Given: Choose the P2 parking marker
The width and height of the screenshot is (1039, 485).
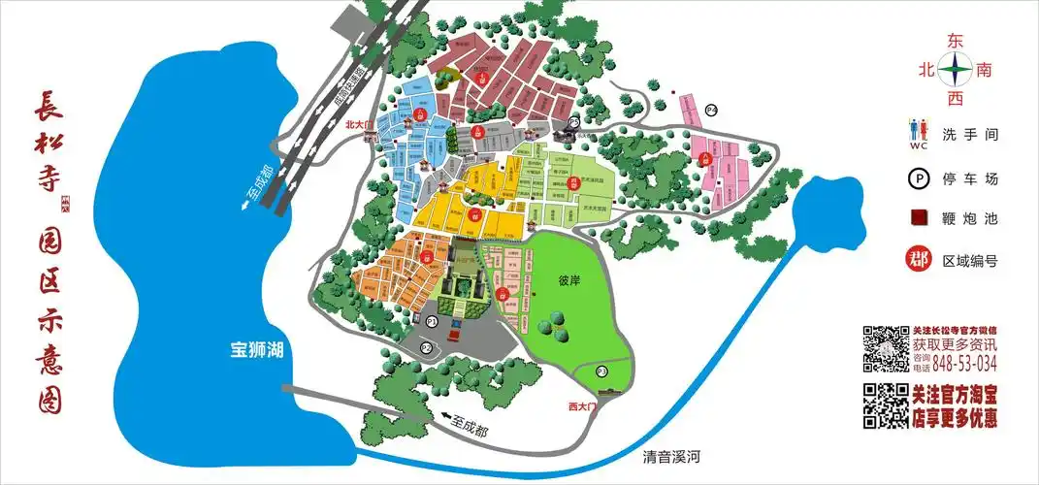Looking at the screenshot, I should [426, 347].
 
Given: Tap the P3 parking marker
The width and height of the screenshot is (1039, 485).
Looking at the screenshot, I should [601, 371].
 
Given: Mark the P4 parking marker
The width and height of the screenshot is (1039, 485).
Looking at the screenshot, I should [710, 111].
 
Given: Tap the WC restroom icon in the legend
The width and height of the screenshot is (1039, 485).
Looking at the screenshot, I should [919, 136].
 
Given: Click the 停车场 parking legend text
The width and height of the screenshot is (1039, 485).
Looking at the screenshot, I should [970, 178].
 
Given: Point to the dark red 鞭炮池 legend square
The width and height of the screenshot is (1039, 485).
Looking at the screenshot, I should [918, 219].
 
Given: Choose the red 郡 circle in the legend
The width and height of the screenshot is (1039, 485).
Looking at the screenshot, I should [918, 260].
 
